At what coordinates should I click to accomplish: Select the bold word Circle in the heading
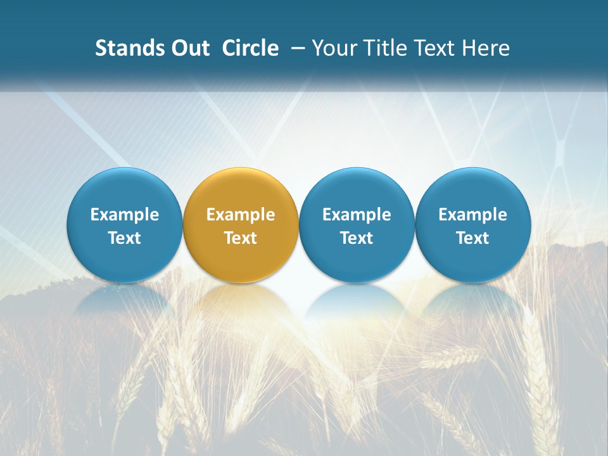pyautogui.click(x=250, y=48)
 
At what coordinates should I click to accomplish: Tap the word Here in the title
pyautogui.click(x=486, y=48)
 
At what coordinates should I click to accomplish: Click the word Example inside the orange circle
pyautogui.click(x=241, y=215)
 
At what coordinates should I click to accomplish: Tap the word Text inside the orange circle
pyautogui.click(x=241, y=238)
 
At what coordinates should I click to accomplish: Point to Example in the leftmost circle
pyautogui.click(x=124, y=215)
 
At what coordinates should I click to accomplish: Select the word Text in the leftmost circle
pyautogui.click(x=124, y=238)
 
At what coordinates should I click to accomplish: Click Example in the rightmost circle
pyautogui.click(x=472, y=215)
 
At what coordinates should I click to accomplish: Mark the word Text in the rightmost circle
pyautogui.click(x=472, y=238)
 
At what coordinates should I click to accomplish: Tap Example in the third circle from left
pyautogui.click(x=357, y=215)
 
